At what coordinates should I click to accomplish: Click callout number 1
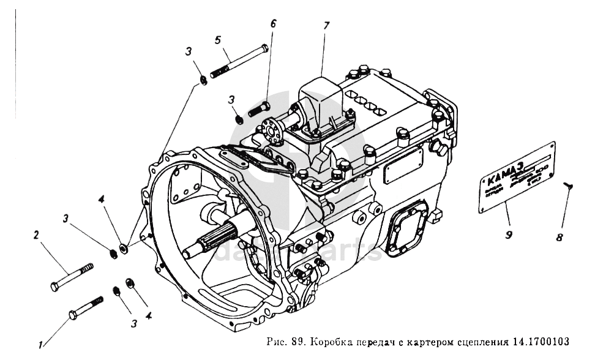pos(40,345)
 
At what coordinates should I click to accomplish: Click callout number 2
pos(36,234)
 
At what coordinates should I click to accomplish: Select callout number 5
pos(217,40)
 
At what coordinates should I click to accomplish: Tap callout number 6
pos(273,24)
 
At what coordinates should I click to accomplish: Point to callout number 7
pos(326,26)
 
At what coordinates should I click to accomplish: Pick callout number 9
pos(507,233)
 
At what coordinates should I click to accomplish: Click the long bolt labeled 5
pos(239,61)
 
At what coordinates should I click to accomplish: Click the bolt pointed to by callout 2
pos(73,276)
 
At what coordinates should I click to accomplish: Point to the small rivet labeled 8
pos(569,186)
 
